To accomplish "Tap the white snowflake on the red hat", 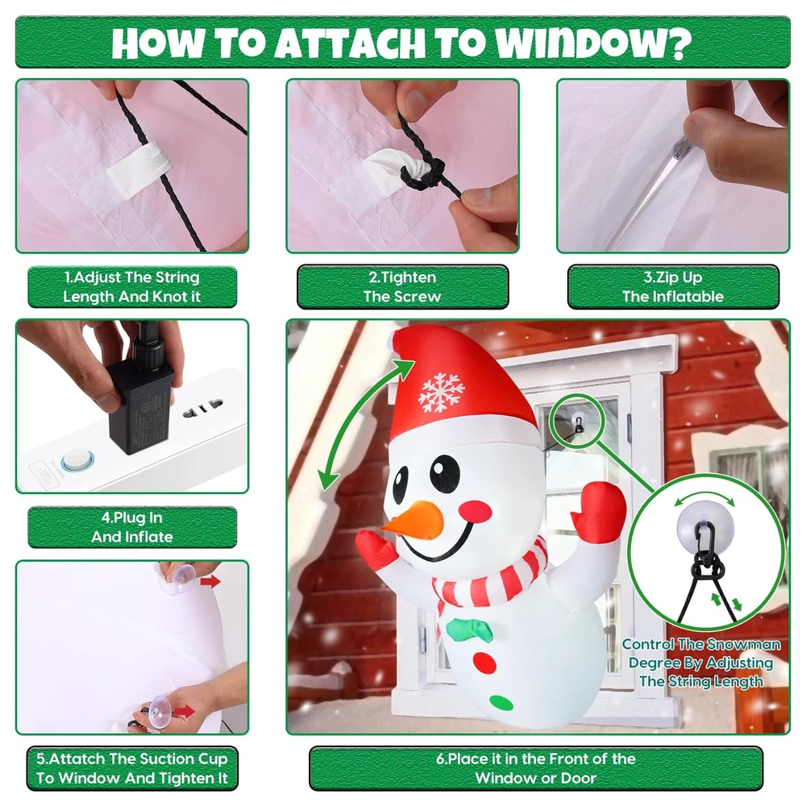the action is click(442, 393).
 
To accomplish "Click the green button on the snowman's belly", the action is click(501, 703).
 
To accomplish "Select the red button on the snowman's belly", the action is click(484, 663).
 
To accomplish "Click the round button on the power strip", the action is click(77, 460).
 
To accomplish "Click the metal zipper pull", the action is click(682, 148).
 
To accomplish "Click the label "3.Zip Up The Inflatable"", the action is click(673, 287).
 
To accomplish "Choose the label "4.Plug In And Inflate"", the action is click(132, 527).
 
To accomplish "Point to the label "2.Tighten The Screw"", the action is click(402, 287).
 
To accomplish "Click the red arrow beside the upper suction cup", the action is click(210, 581).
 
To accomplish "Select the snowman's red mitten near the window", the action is click(599, 512).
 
